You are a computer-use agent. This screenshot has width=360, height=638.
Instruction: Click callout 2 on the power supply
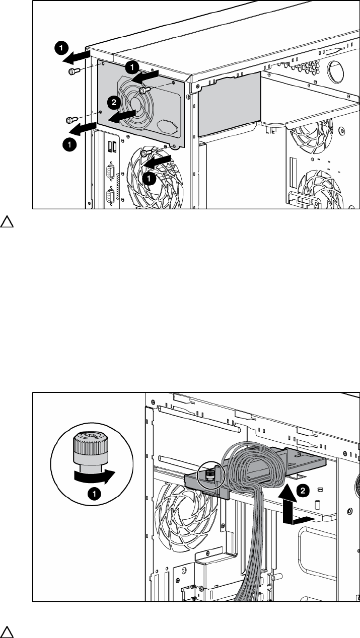114,102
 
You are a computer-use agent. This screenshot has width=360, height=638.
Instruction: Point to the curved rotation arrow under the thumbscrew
93,474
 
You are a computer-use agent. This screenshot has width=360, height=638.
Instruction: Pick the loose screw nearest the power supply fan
143,90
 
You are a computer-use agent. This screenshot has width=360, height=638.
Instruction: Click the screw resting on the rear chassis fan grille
145,153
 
